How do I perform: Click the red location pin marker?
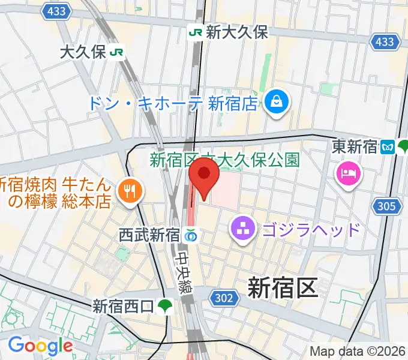click(x=203, y=178)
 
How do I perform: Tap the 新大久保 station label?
click(x=236, y=32)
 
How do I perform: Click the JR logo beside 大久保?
click(x=117, y=52)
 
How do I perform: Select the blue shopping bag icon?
click(x=278, y=101)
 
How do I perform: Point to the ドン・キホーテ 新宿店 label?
click(x=173, y=103)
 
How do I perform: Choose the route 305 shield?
click(x=387, y=207)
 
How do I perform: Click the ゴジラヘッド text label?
click(x=311, y=229)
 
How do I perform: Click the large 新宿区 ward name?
click(x=282, y=289)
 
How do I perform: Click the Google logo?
click(x=40, y=346)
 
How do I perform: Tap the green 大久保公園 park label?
click(x=224, y=160)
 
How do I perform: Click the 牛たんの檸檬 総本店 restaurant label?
click(x=57, y=192)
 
